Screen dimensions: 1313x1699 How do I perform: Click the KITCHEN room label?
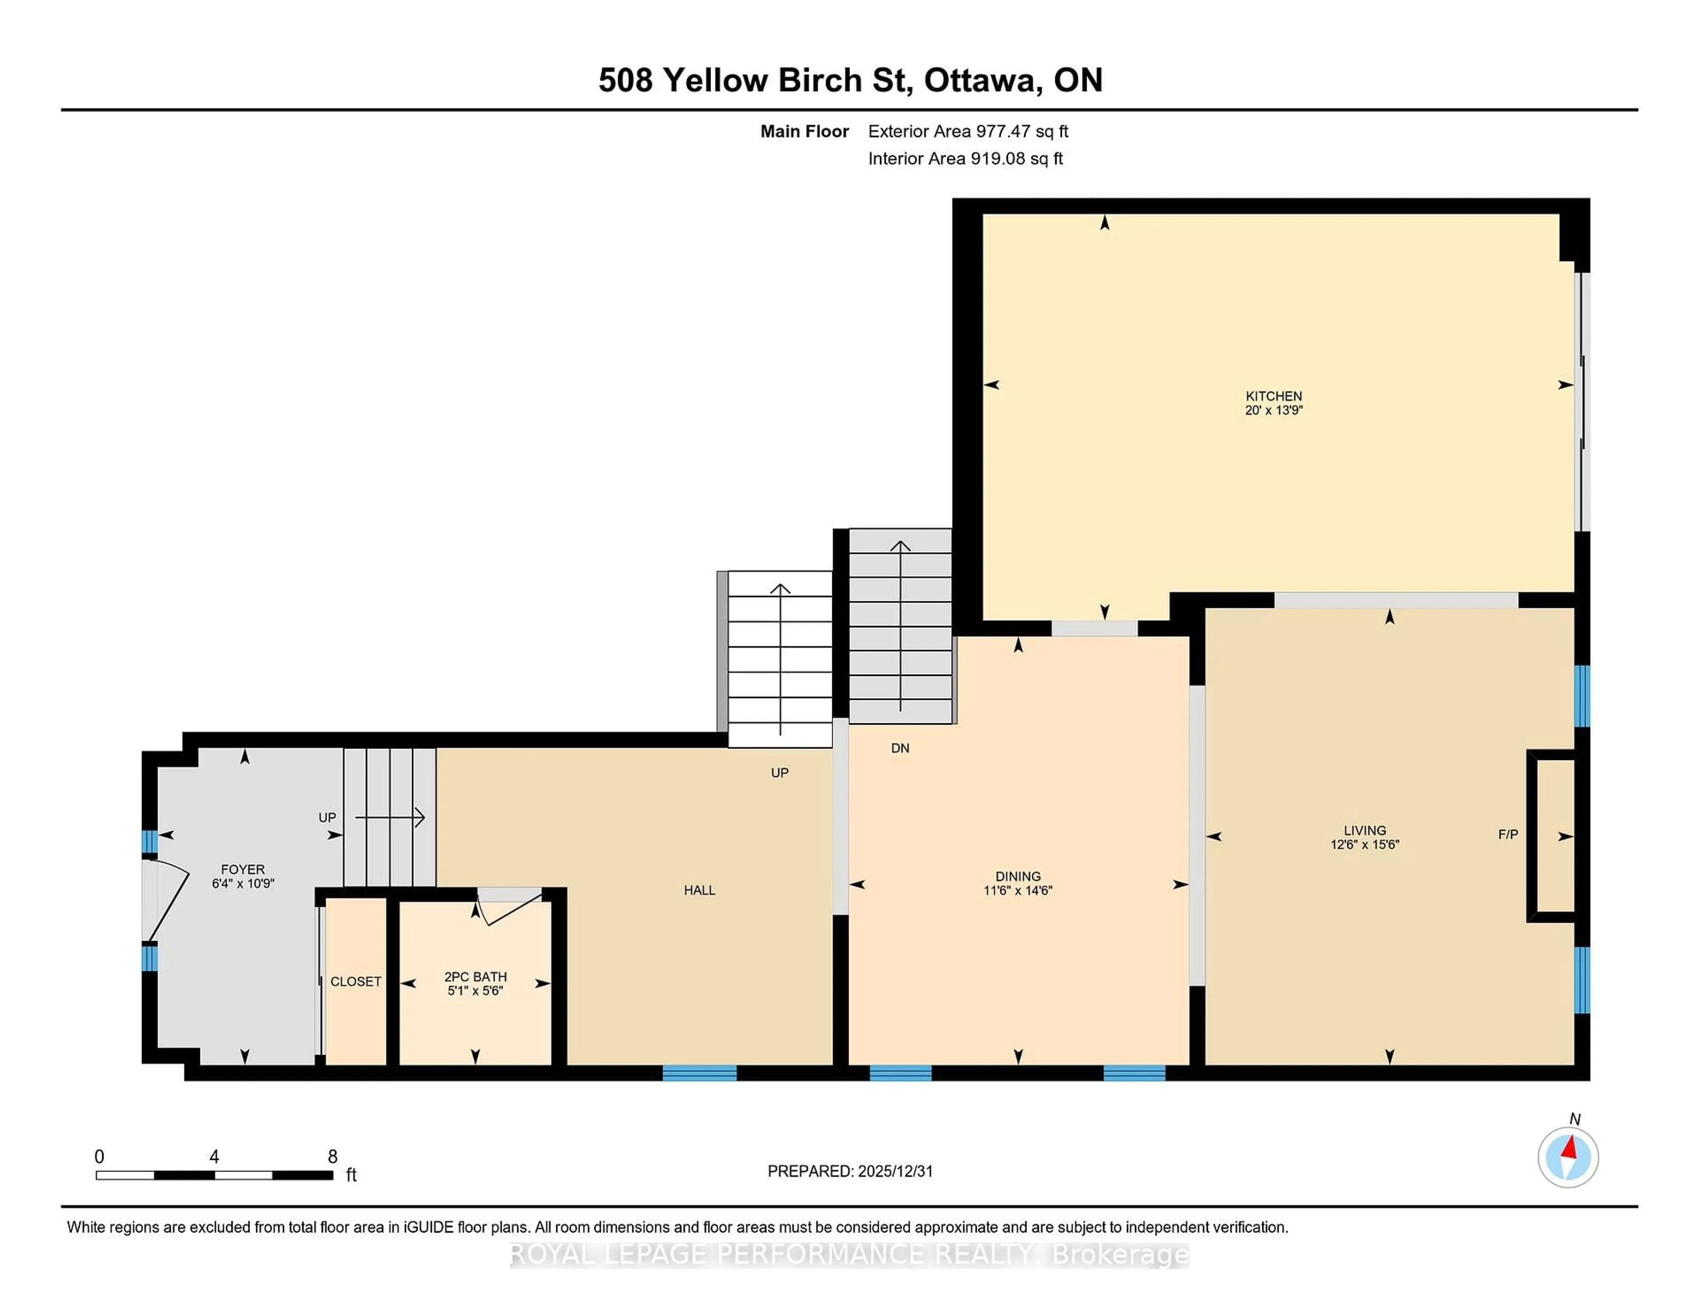pos(1273,396)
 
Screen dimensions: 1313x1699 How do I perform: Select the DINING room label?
pos(1018,876)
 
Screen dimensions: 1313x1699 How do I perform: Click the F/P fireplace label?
pos(1507,835)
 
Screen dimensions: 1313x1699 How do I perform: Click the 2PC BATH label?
pos(475,976)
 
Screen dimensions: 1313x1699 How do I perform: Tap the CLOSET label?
pos(356,982)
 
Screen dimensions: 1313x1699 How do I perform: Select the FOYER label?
pos(243,869)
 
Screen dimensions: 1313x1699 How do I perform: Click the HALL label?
pos(700,890)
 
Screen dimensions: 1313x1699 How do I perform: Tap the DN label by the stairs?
pos(900,748)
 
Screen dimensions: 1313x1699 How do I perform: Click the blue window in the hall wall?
pos(700,1073)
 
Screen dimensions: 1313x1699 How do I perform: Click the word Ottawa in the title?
pos(983,80)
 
